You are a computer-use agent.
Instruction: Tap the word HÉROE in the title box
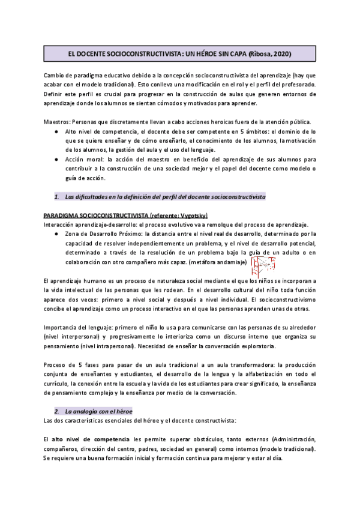(x=194, y=54)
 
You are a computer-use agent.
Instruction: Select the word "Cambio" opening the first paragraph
(x=55, y=74)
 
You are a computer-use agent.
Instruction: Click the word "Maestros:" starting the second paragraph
(x=59, y=122)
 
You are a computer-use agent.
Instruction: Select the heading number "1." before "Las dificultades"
(x=57, y=196)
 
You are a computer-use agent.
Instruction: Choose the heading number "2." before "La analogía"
(x=57, y=411)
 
